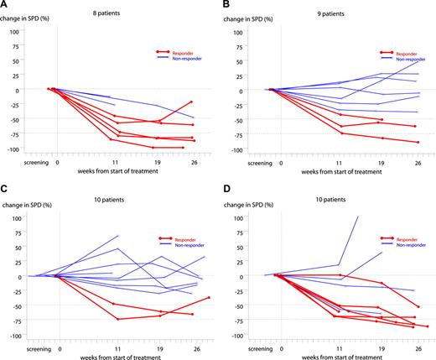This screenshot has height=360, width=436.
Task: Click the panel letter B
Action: click(x=224, y=5)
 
